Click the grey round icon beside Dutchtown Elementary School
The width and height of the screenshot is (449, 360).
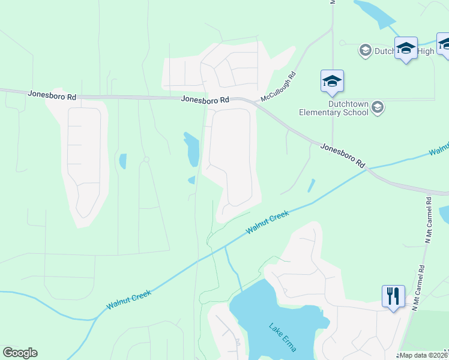coord(377,107)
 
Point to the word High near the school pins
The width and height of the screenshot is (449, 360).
coord(425,52)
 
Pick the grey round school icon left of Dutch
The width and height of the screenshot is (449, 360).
coord(365,50)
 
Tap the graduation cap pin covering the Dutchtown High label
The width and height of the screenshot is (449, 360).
coord(406,49)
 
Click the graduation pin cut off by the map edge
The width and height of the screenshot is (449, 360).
coord(444,44)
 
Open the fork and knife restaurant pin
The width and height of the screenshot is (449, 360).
coord(393,296)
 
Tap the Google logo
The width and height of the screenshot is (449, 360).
coord(20,353)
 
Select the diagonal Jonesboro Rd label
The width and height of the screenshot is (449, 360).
coord(343,155)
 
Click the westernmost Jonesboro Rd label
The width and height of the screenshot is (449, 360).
coord(52,95)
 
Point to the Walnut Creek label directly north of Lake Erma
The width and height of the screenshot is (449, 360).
coord(267,222)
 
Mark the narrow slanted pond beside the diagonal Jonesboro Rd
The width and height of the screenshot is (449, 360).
coord(311,185)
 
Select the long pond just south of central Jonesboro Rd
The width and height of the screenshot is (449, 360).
coord(192,149)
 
